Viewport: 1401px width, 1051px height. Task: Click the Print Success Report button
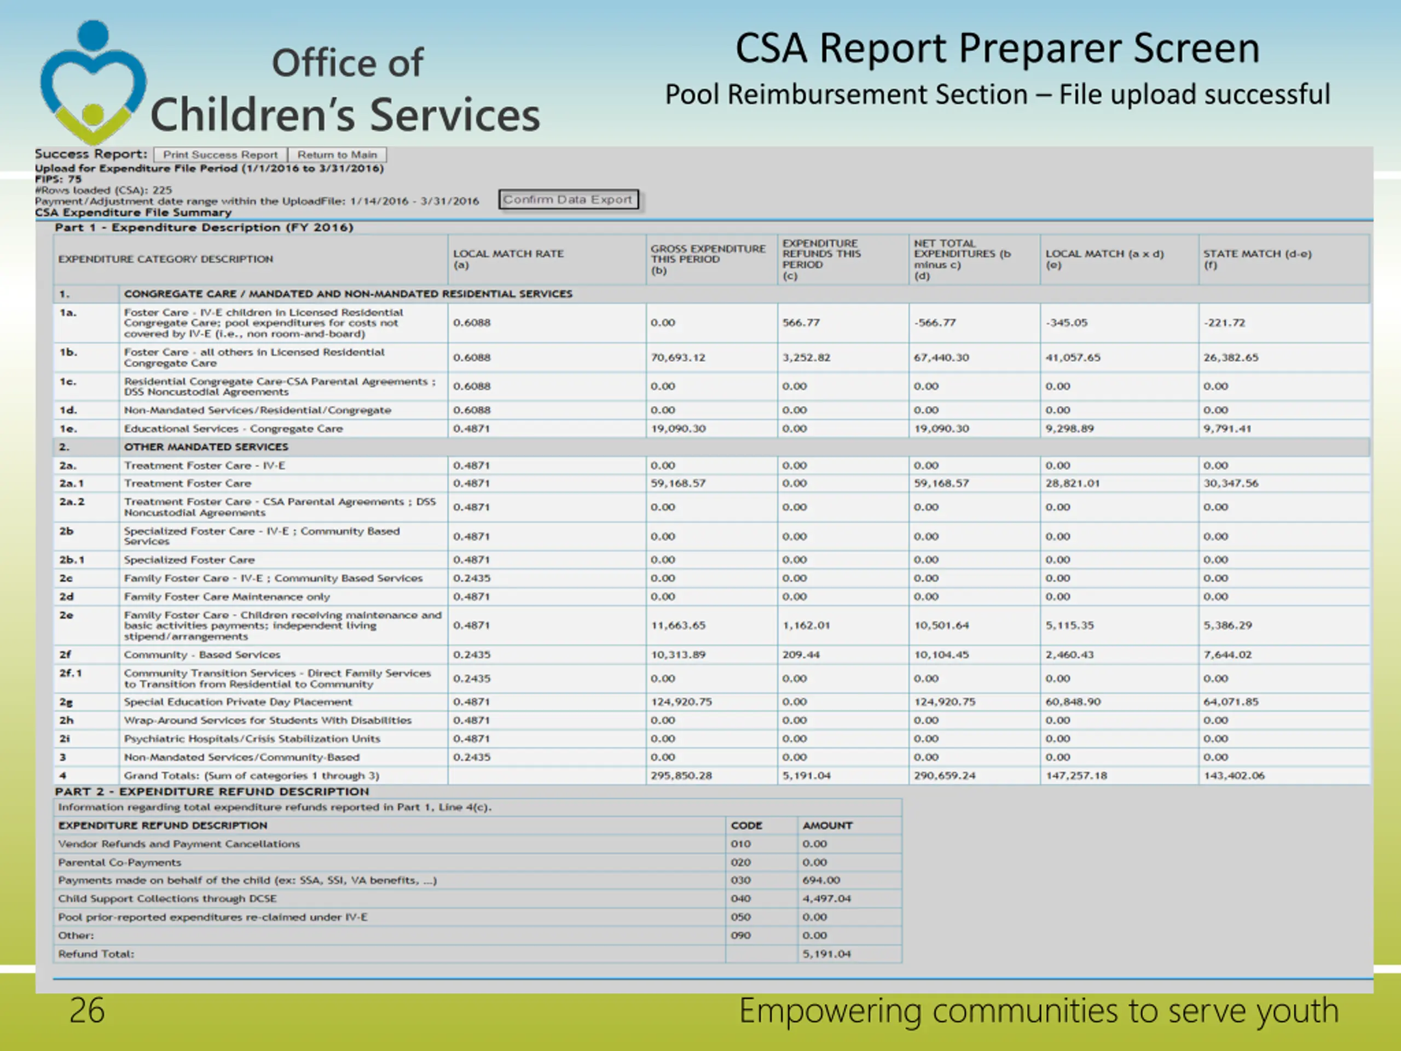click(x=220, y=154)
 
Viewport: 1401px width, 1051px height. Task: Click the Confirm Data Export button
click(x=568, y=200)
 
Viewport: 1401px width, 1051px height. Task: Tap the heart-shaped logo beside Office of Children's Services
click(x=93, y=82)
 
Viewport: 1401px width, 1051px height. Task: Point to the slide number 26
click(x=87, y=1010)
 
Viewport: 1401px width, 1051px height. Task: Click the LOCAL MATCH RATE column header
click(x=508, y=258)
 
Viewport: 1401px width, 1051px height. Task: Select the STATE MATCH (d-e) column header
click(x=1257, y=258)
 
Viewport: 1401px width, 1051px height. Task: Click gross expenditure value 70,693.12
click(x=678, y=357)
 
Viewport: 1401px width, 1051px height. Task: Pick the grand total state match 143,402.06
click(x=1234, y=776)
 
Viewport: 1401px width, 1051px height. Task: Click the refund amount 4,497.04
click(x=826, y=898)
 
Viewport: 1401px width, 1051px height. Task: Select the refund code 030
click(x=740, y=880)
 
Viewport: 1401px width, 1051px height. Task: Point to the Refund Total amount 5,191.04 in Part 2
click(x=826, y=954)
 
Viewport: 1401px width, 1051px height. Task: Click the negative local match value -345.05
click(x=1067, y=322)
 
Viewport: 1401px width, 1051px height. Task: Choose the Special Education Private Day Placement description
click(x=238, y=702)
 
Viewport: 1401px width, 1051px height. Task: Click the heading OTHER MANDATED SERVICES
click(x=206, y=447)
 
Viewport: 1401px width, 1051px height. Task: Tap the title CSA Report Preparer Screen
click(x=997, y=48)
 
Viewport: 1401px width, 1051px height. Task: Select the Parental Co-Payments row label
click(x=120, y=862)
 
